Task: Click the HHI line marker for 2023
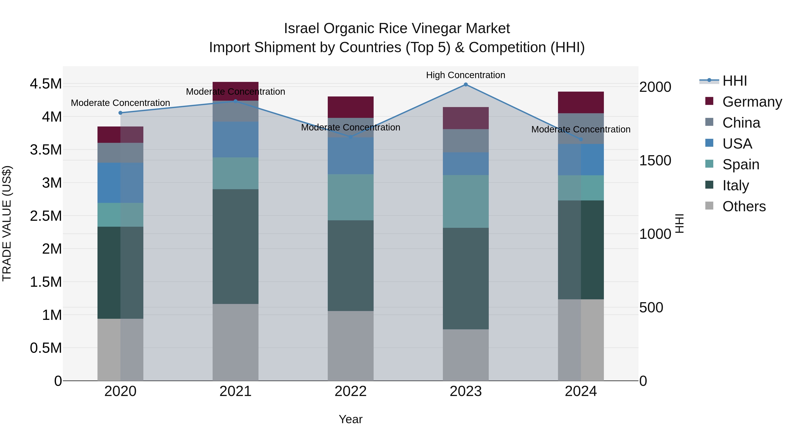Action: tap(466, 85)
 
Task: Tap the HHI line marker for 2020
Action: tap(120, 113)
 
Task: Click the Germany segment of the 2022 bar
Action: tap(350, 107)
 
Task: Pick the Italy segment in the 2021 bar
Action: tap(236, 247)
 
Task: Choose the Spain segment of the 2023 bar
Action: tap(466, 202)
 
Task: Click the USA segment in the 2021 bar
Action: tap(236, 140)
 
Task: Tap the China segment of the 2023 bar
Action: tap(466, 140)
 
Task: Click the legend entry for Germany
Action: tap(752, 102)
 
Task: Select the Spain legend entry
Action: tap(741, 164)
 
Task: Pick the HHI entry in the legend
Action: tap(734, 81)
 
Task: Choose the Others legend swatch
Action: tap(709, 206)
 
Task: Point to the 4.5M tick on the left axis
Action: tap(46, 84)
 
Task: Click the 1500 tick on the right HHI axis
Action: tap(655, 160)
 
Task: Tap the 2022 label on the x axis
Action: tap(350, 391)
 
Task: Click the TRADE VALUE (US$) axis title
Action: tap(7, 224)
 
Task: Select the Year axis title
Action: tap(350, 419)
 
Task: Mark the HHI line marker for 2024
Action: tap(581, 140)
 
